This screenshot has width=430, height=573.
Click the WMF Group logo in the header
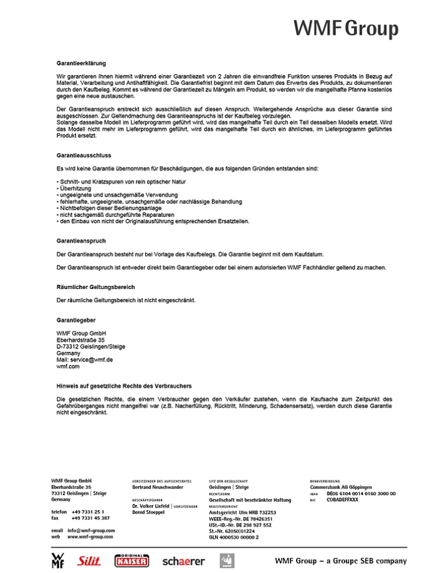346,28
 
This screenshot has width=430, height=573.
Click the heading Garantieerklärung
81,64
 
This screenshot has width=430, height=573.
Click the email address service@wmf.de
91,360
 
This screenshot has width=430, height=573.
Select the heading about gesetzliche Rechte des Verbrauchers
124,386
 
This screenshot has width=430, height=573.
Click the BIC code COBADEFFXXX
343,500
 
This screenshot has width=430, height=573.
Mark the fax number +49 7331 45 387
90,518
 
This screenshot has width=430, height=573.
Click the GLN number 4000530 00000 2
234,536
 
